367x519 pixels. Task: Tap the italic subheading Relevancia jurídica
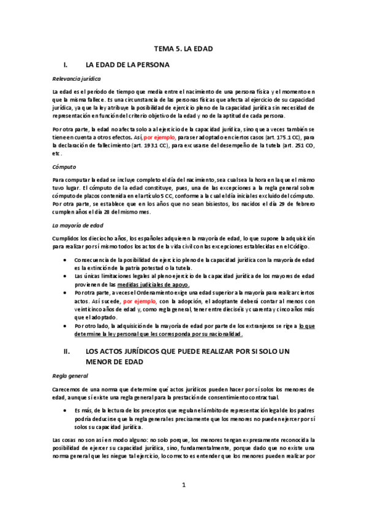pos(77,80)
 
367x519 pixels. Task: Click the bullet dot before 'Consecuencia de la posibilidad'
pos(66,259)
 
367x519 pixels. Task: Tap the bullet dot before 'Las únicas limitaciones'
pos(66,277)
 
